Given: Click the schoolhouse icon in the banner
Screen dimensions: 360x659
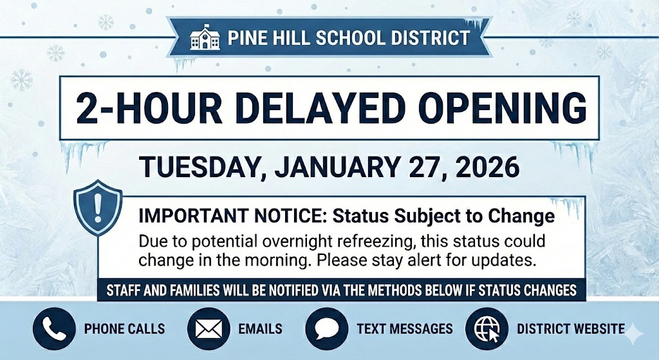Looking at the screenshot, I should (x=205, y=38).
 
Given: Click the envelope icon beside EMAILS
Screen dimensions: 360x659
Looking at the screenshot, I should (x=209, y=328).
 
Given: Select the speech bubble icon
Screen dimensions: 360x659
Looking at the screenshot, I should (x=327, y=328).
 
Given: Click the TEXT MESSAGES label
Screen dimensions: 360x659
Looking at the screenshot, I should (x=405, y=329).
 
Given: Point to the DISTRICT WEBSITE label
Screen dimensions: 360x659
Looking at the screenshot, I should (x=570, y=329).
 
